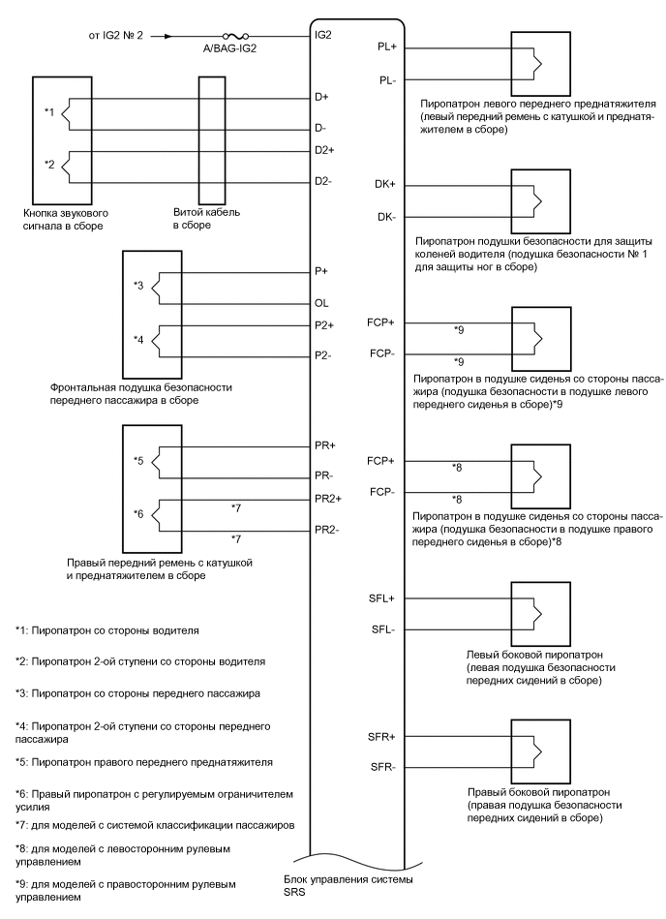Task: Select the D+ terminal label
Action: pyautogui.click(x=322, y=98)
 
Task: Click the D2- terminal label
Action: pyautogui.click(x=324, y=181)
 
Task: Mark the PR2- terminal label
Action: pyautogui.click(x=327, y=530)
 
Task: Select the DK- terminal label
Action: pyautogui.click(x=384, y=217)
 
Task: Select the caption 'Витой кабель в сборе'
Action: pyautogui.click(x=200, y=219)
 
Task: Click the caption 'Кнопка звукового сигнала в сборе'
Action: pyautogui.click(x=64, y=219)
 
